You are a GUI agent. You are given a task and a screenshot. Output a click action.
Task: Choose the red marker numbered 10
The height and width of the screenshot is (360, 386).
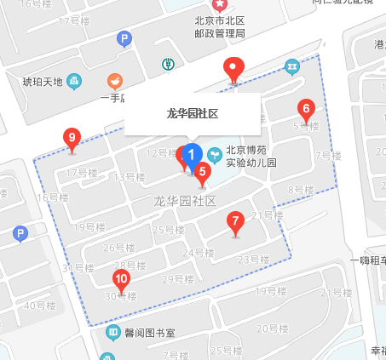coord(121,279)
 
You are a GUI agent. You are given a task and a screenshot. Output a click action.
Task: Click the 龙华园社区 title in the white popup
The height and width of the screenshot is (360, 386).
coord(192,112)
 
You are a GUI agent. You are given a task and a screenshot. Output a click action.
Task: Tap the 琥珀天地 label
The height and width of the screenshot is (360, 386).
coord(43,82)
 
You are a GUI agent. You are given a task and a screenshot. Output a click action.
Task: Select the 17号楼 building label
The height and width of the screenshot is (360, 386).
coord(82,173)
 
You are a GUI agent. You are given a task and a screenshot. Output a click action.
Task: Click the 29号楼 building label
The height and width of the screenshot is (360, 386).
coord(178,279)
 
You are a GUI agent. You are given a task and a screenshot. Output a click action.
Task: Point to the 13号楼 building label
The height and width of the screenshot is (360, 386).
coord(130,177)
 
